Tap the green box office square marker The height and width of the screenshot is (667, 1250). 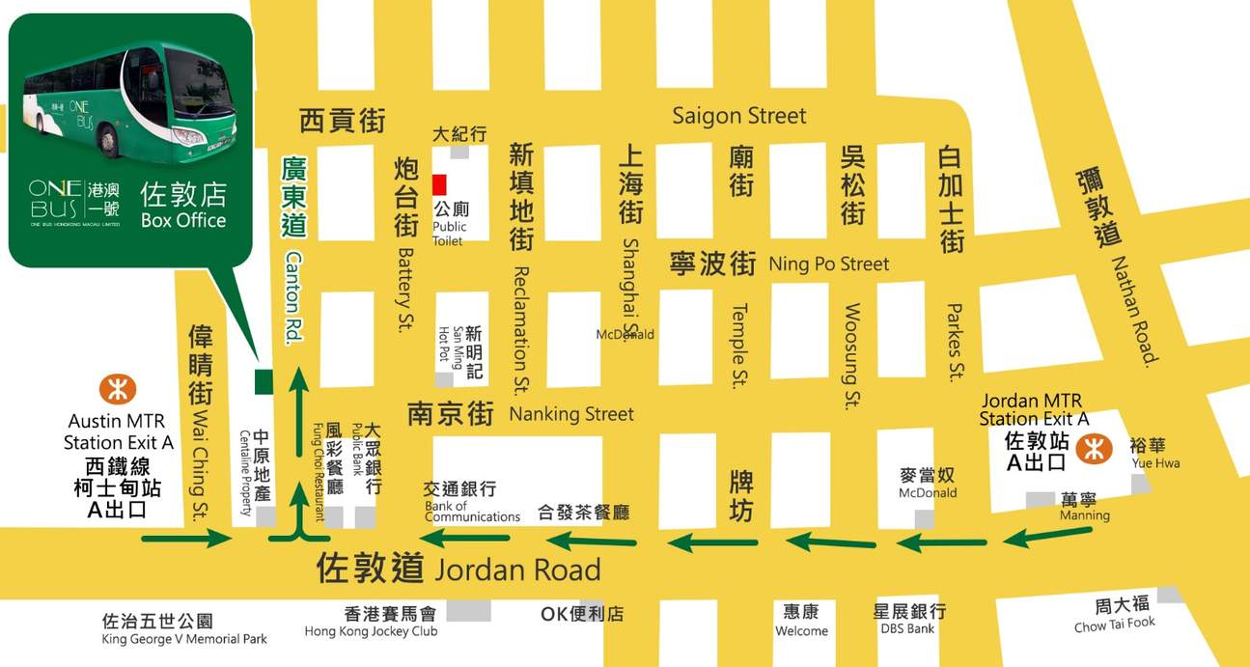263,381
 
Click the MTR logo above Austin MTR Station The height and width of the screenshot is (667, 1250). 118,390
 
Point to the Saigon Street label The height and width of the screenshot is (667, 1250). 738,116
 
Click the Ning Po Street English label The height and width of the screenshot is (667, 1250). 828,264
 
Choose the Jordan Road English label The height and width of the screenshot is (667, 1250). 517,570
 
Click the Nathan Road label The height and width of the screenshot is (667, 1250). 1133,310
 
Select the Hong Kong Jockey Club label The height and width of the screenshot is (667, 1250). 371,631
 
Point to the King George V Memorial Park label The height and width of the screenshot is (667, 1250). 184,638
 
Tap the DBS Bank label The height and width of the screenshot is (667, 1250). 907,628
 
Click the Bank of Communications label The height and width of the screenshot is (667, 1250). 472,512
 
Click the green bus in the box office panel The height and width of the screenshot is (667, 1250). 130,101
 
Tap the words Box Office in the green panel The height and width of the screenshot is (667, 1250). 183,220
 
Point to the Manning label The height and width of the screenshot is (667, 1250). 1084,515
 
